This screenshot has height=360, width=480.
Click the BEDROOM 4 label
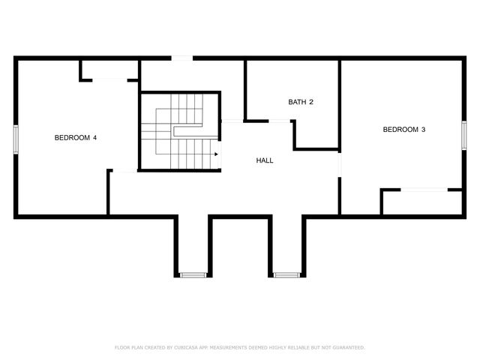click(76, 138)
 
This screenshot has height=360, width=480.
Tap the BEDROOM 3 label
click(404, 130)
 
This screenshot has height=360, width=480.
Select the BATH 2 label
click(301, 102)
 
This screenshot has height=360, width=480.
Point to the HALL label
click(265, 160)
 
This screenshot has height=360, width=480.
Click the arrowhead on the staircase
click(216, 154)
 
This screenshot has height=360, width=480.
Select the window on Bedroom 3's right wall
click(463, 130)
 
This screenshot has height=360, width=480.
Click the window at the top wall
click(181, 58)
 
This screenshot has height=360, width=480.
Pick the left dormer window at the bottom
click(193, 275)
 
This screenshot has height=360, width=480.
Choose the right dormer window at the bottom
click(286, 275)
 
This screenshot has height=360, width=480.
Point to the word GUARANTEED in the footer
click(347, 347)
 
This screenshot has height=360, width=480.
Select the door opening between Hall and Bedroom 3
click(340, 164)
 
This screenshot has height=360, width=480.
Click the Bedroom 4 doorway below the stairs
click(124, 172)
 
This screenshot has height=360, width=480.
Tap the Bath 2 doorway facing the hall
click(280, 121)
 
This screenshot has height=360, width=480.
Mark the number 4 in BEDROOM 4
click(94, 138)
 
